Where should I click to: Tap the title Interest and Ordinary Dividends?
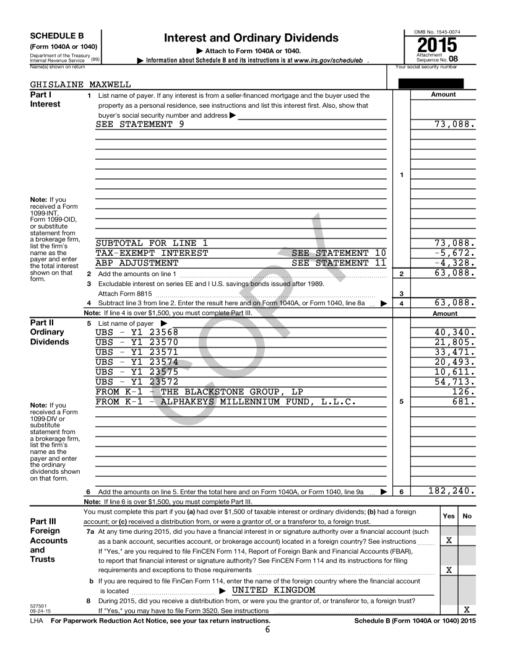point(251,38)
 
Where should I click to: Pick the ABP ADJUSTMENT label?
point(137,263)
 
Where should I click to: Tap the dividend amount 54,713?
point(455,381)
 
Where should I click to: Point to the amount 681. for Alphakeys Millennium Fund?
point(464,401)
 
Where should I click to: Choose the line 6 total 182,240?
point(451,491)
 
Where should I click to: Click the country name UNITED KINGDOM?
point(274,590)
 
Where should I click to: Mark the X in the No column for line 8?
point(467,610)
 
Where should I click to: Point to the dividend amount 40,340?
point(455,332)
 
